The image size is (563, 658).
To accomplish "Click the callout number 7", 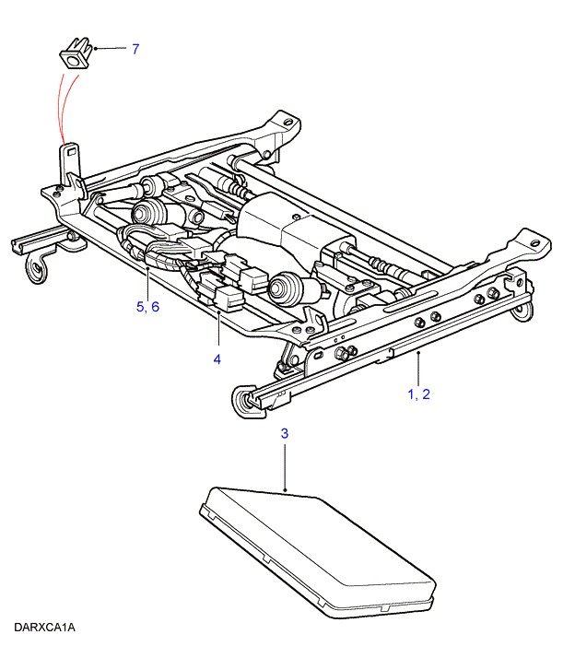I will click(135, 49).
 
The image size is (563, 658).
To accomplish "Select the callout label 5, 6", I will click(147, 307).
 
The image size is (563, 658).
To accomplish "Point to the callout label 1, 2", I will click(419, 394).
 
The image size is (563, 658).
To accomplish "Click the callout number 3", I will click(286, 432).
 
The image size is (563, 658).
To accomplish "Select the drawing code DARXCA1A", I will click(44, 628).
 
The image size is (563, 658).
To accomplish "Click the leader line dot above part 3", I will click(287, 489).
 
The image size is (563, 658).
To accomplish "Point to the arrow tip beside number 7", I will click(95, 48).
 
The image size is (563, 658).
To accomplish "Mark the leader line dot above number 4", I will click(217, 313).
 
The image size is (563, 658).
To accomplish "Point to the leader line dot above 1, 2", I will click(419, 351).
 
